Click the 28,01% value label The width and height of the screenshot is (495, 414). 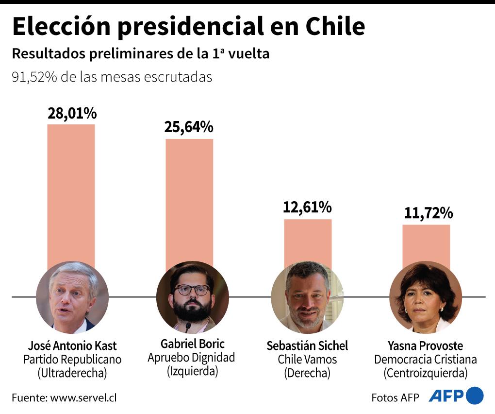tap(72, 113)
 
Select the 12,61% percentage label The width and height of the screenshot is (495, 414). tap(307, 208)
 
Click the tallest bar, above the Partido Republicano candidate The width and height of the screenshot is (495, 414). tap(71, 194)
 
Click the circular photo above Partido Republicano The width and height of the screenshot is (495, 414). tap(72, 297)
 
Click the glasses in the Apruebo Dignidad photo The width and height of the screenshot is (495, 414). tap(192, 290)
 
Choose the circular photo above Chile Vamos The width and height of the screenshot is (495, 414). tap(307, 297)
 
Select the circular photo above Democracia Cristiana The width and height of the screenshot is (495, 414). tap(425, 298)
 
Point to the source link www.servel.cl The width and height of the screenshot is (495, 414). tap(83, 397)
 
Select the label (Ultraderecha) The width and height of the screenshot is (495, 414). tap(72, 373)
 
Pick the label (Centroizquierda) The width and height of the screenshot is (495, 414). tap(425, 373)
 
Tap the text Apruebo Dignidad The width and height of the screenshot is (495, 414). tap(191, 358)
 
